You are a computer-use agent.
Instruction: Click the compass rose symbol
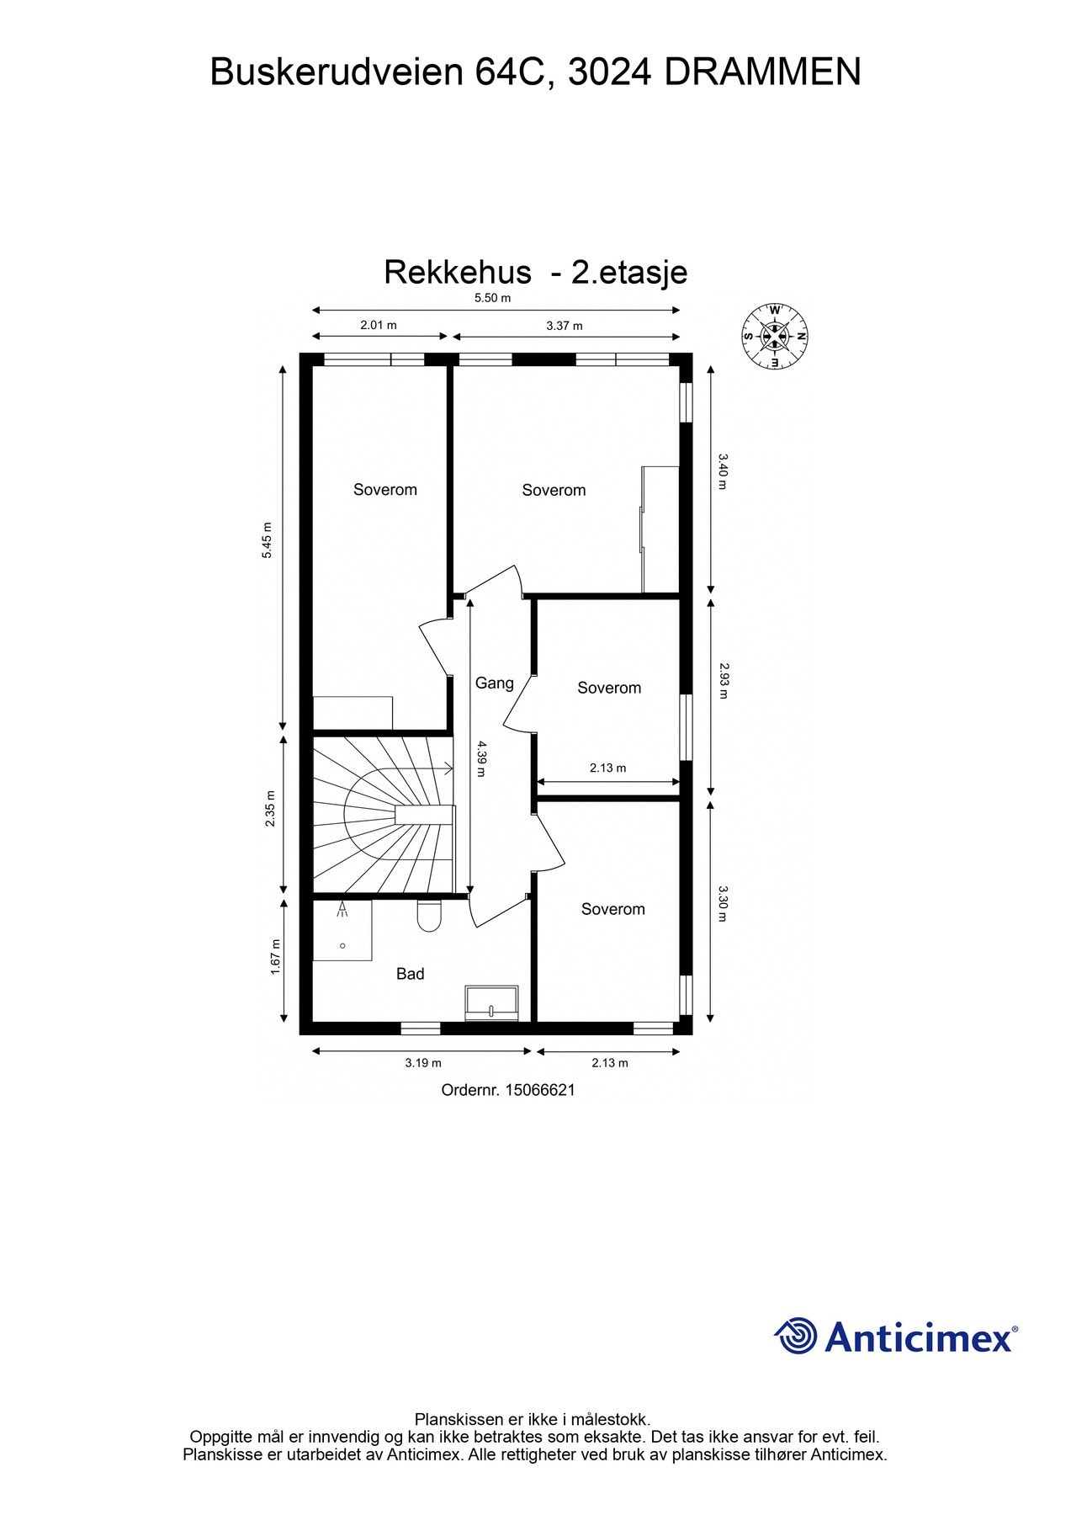pyautogui.click(x=774, y=337)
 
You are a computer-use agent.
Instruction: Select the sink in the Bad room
pyautogui.click(x=491, y=1002)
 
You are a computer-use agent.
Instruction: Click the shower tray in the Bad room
pyautogui.click(x=342, y=930)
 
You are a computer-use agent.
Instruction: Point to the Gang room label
pyautogui.click(x=494, y=683)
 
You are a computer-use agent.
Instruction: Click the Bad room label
pyautogui.click(x=410, y=974)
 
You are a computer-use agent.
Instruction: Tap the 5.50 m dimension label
pyautogui.click(x=492, y=298)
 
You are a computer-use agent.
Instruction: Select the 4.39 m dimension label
pyautogui.click(x=480, y=757)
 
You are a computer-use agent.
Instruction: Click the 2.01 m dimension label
pyautogui.click(x=379, y=325)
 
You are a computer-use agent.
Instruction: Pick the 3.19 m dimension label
pyautogui.click(x=422, y=1063)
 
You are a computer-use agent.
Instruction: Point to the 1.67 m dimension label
pyautogui.click(x=274, y=958)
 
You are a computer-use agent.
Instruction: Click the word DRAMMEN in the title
pyautogui.click(x=762, y=72)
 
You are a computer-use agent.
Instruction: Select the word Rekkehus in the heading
pyautogui.click(x=458, y=273)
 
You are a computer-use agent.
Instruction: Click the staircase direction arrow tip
pyautogui.click(x=452, y=768)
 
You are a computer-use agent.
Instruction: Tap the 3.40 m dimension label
pyautogui.click(x=722, y=471)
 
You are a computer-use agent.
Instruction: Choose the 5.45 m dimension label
pyautogui.click(x=267, y=541)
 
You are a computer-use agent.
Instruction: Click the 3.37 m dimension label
pyautogui.click(x=564, y=326)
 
